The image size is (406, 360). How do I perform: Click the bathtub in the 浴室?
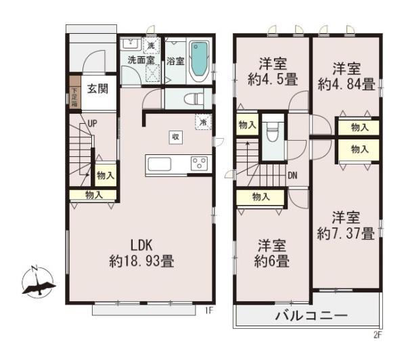pyautogui.click(x=199, y=60)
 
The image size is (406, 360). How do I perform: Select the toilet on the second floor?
pyautogui.click(x=273, y=131)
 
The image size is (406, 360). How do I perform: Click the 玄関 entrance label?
pyautogui.click(x=97, y=89)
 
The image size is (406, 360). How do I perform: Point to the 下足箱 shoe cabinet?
pyautogui.click(x=75, y=93)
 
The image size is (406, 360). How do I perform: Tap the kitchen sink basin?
pyautogui.click(x=159, y=164)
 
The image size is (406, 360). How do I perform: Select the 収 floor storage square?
pyautogui.click(x=176, y=137)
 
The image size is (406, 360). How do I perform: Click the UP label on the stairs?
pyautogui.click(x=92, y=124)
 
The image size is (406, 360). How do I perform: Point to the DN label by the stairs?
pyautogui.click(x=292, y=175)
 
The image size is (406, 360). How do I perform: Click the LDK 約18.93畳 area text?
pyautogui.click(x=141, y=253)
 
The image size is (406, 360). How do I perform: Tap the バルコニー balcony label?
pyautogui.click(x=311, y=316)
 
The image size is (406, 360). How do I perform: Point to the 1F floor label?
pyautogui.click(x=209, y=311)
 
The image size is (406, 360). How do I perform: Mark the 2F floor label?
pyautogui.click(x=378, y=335)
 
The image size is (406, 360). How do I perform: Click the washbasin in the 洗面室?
pyautogui.click(x=131, y=44)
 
